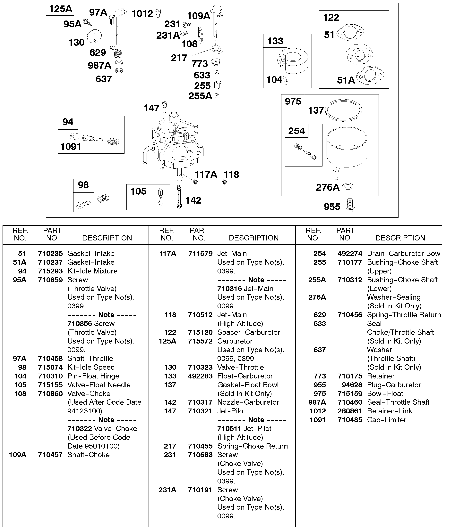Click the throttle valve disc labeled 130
click(94, 36)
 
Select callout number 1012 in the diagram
click(142, 14)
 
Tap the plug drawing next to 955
click(350, 205)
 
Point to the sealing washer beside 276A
click(348, 186)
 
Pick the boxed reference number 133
click(275, 41)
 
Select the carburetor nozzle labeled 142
click(179, 197)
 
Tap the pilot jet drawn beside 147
click(164, 107)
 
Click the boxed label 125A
click(60, 9)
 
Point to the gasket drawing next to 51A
click(370, 76)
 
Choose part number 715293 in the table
click(50, 271)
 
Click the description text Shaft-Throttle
click(90, 358)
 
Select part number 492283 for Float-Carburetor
click(200, 376)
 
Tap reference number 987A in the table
click(317, 402)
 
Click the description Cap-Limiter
click(386, 420)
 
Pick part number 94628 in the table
click(352, 385)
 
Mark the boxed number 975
click(293, 101)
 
